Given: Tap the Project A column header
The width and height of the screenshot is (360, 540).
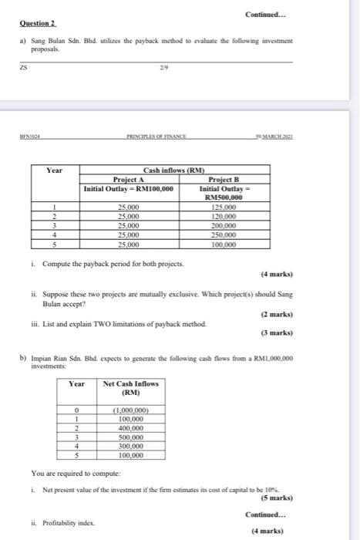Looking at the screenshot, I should [x=130, y=180].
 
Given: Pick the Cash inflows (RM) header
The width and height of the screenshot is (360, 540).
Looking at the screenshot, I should [x=176, y=170].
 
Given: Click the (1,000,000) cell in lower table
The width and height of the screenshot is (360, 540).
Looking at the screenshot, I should [x=130, y=410].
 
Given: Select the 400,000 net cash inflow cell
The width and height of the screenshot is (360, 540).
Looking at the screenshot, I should [x=130, y=428].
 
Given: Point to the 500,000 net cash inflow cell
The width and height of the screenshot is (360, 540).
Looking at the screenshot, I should [x=130, y=437].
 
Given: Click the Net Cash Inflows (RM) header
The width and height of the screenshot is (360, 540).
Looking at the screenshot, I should [x=130, y=388].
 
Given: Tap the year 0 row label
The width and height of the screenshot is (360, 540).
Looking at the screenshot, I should [x=77, y=410].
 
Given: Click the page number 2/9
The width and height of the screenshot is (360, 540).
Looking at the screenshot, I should [x=160, y=67].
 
